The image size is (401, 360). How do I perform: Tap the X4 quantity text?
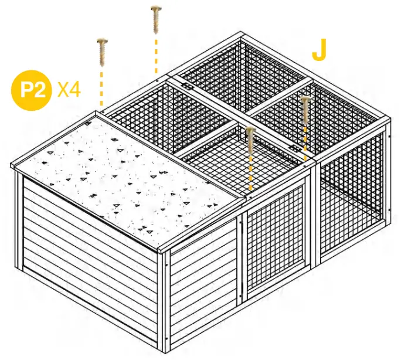pos(69,90)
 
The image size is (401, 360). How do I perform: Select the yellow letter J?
pos(319,52)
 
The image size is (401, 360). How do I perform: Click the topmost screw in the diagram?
pos(156,19)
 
